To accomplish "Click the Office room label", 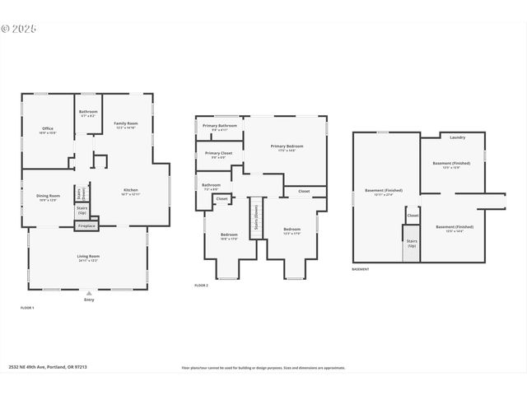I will click(48, 129).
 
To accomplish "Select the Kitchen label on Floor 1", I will click(131, 191).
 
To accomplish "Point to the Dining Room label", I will click(48, 197).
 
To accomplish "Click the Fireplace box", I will click(86, 225).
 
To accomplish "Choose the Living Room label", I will click(88, 258).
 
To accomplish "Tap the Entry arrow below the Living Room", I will click(89, 293).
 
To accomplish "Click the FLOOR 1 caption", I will click(27, 308).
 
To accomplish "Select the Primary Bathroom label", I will click(220, 127).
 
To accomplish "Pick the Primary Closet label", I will click(219, 155).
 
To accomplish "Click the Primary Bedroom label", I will click(287, 147).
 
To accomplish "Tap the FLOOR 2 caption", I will click(202, 285).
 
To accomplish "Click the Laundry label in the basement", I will click(458, 137).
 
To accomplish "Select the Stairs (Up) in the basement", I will click(412, 244).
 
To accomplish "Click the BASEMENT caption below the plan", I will click(361, 269).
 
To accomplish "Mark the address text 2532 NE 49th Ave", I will click(45, 368).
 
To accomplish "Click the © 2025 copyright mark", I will click(19, 28).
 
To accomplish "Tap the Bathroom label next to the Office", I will click(88, 113).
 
